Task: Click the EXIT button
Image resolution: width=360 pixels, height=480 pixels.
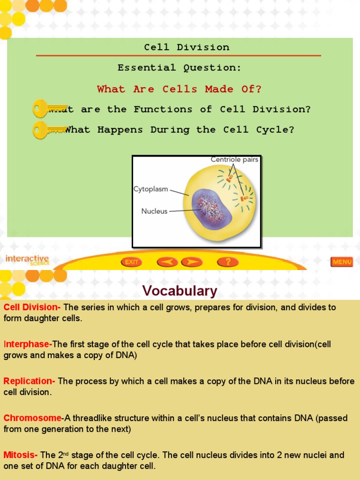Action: point(132,262)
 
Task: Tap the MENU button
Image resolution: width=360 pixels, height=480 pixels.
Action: point(342,262)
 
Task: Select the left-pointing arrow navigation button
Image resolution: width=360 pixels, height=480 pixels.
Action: point(167,262)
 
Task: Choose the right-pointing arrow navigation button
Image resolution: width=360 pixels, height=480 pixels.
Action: point(192,262)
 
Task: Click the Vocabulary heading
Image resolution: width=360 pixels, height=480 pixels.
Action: point(180,291)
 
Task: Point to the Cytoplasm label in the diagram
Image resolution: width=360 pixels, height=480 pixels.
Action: point(151,189)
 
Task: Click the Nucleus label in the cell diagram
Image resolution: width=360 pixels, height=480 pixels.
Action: point(154,211)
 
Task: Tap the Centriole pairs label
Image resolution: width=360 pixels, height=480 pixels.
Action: point(234,160)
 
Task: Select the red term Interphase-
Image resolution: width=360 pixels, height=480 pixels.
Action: point(28,345)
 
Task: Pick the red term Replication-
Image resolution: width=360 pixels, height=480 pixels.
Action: point(29,381)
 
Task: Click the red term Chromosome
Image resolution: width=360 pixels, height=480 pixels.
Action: point(32,418)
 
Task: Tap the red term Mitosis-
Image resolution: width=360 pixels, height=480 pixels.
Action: point(21,455)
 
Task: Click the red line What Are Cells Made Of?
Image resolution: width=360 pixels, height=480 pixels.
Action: point(180,89)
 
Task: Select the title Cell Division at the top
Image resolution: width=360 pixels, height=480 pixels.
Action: point(187,47)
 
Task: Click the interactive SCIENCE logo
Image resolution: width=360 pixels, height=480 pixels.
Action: point(27,260)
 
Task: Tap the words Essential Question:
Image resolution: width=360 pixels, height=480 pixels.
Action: point(180,68)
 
